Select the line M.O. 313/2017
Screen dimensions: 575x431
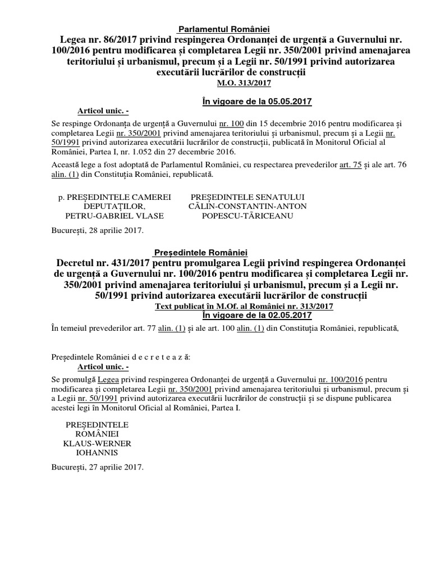click(244, 83)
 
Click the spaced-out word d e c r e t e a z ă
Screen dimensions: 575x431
click(160, 357)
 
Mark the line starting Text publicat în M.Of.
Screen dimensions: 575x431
click(244, 307)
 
